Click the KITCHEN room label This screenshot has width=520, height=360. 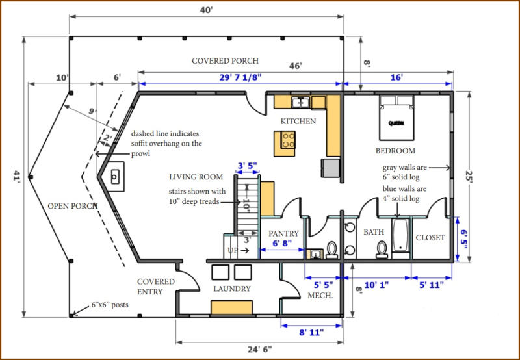pyautogui.click(x=298, y=121)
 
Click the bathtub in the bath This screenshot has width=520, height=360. pyautogui.click(x=400, y=238)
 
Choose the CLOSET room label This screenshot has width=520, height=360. pyautogui.click(x=430, y=238)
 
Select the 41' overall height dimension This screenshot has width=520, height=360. pyautogui.click(x=14, y=176)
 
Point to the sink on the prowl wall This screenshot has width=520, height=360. pyautogui.click(x=115, y=175)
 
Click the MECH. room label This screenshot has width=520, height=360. pyautogui.click(x=320, y=296)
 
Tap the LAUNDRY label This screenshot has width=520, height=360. pyautogui.click(x=232, y=289)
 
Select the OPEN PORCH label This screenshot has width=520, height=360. pyautogui.click(x=73, y=207)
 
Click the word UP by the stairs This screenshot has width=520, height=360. pyautogui.click(x=231, y=250)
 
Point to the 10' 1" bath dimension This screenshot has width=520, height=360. pyautogui.click(x=376, y=284)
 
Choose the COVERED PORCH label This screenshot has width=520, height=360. pyautogui.click(x=225, y=61)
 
